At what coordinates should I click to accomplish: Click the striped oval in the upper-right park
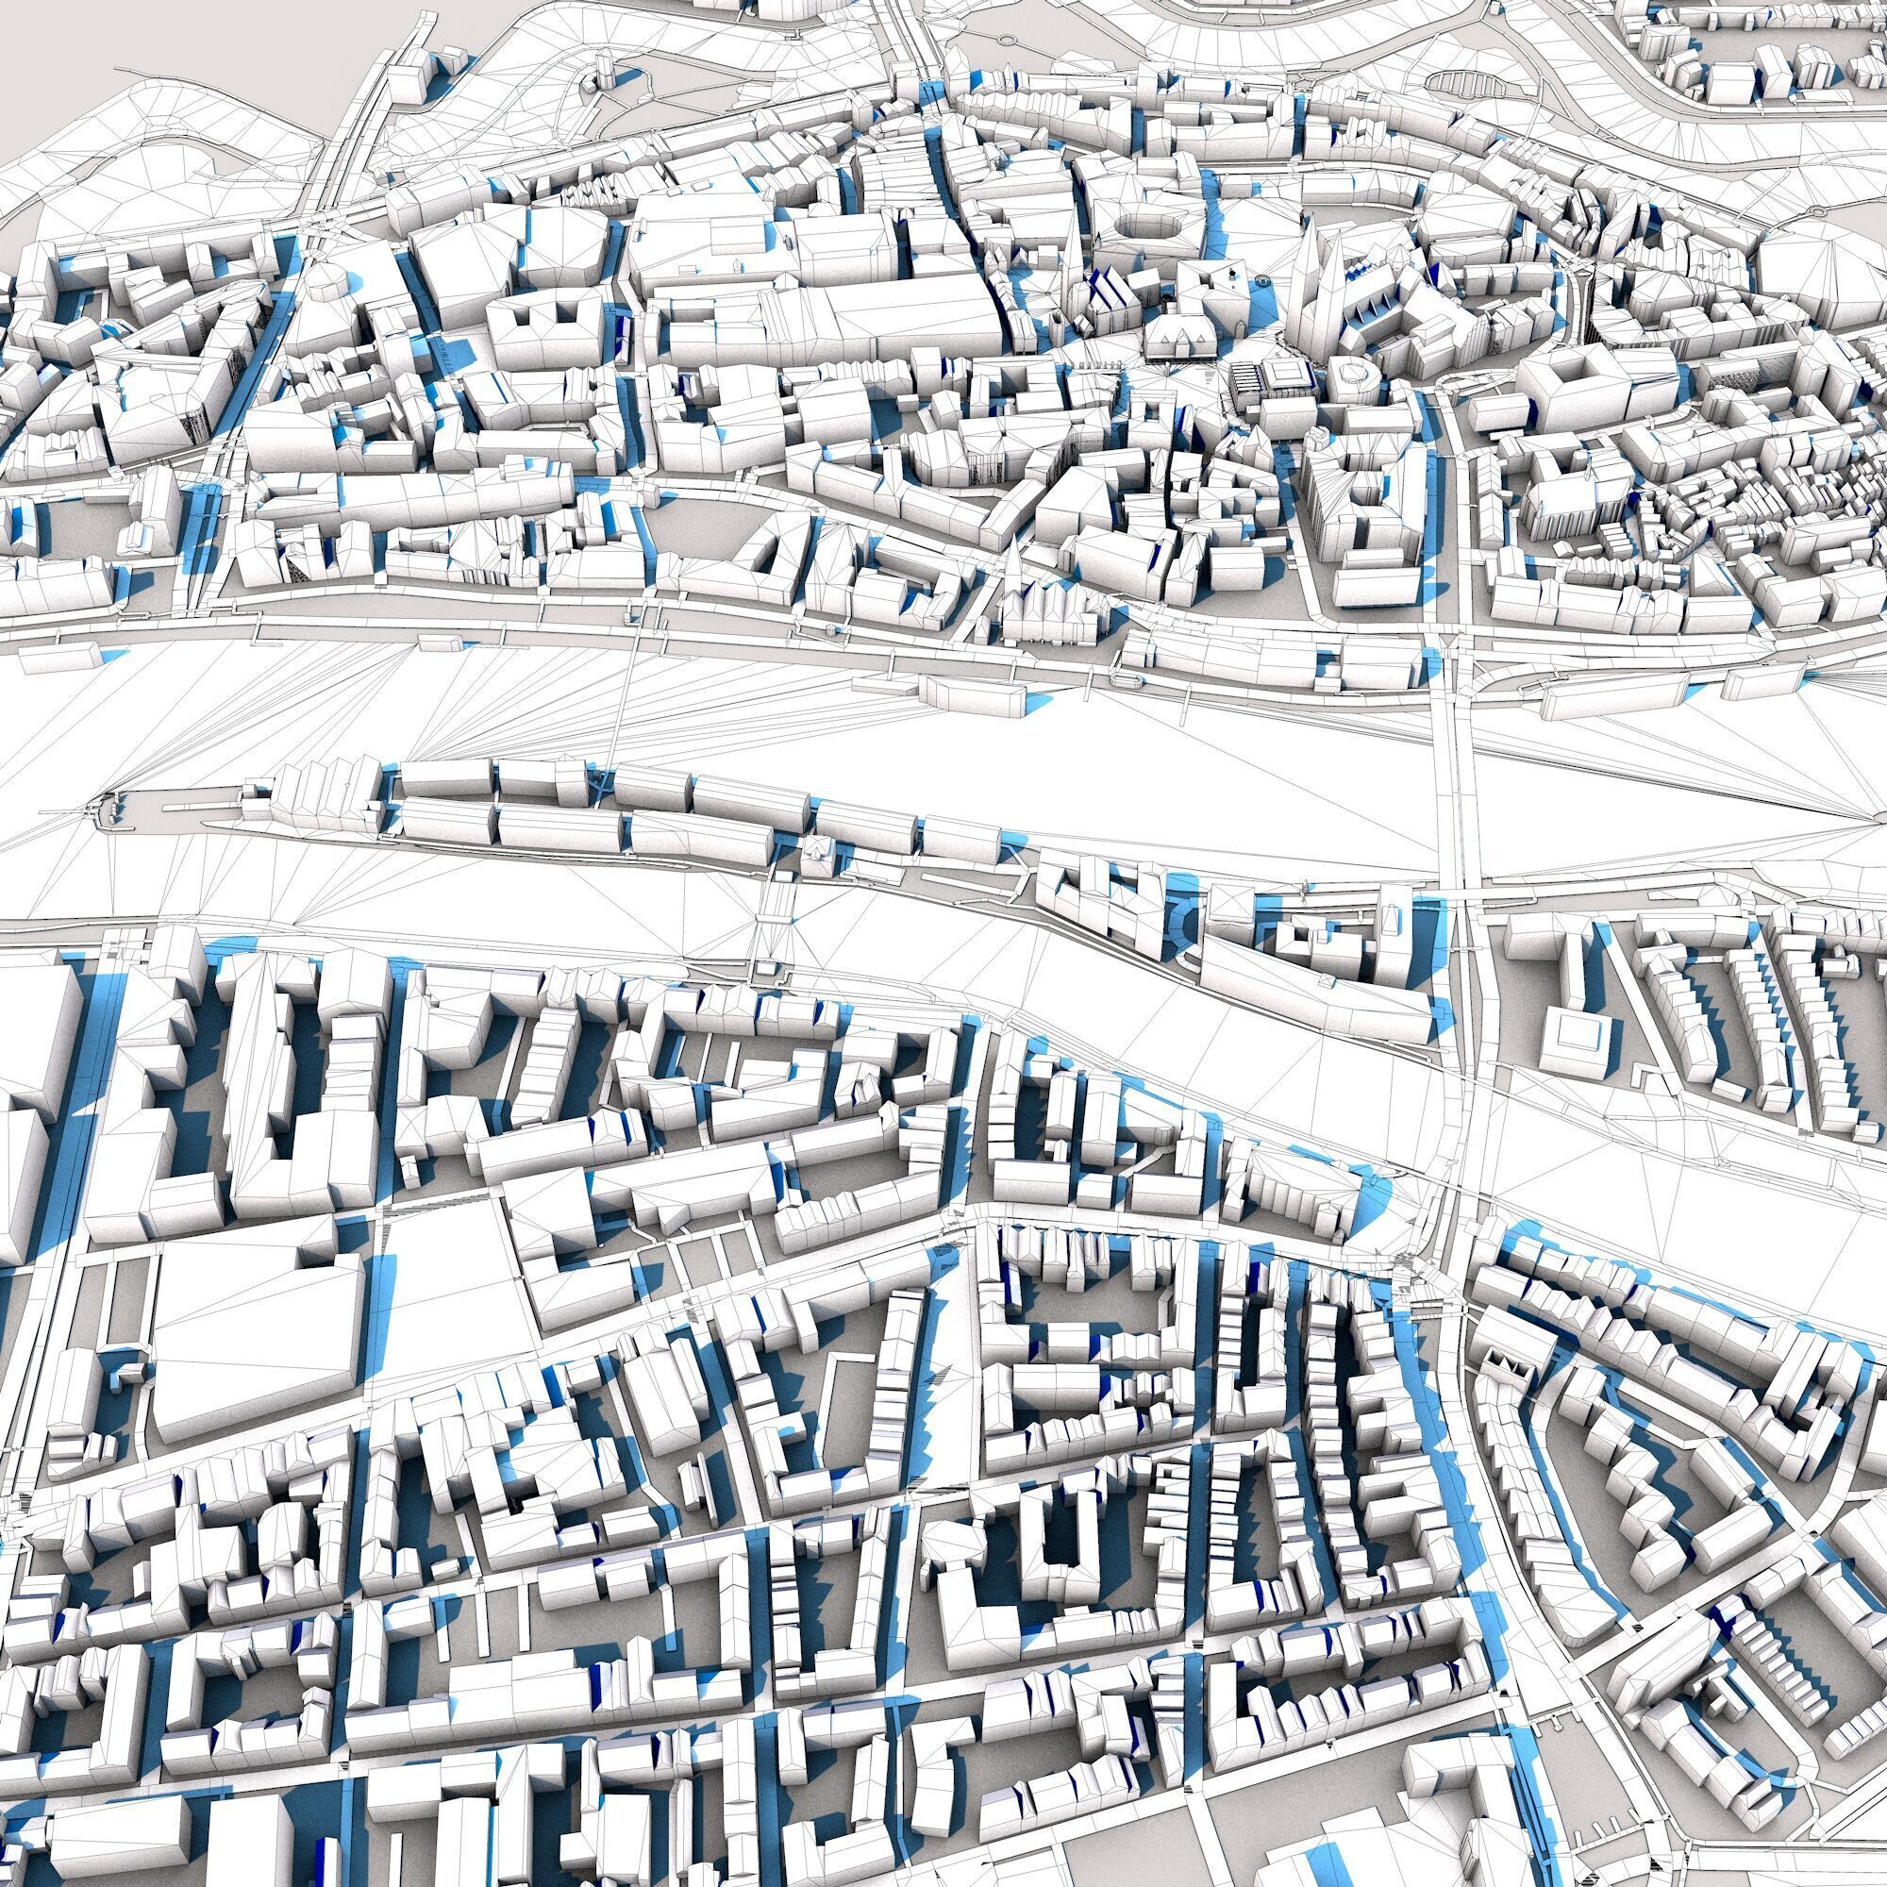1461,86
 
